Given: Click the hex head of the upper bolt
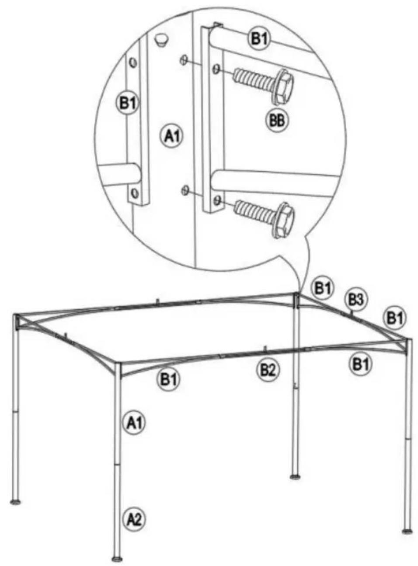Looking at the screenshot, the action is click(284, 87).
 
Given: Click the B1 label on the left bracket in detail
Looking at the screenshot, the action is click(128, 103).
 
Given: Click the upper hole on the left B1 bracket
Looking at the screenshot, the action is click(133, 62).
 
